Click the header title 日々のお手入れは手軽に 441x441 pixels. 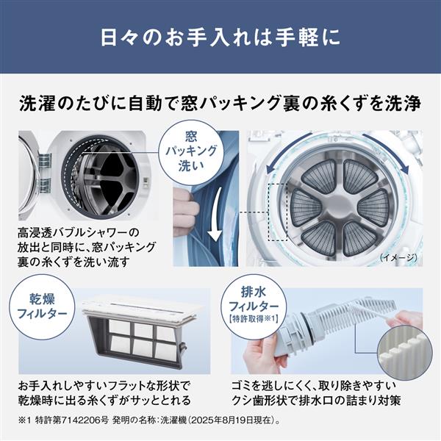click(x=220, y=37)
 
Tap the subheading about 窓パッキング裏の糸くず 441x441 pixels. click(x=220, y=104)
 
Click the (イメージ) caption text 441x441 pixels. click(x=399, y=258)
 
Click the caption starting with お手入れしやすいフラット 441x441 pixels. click(x=107, y=393)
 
